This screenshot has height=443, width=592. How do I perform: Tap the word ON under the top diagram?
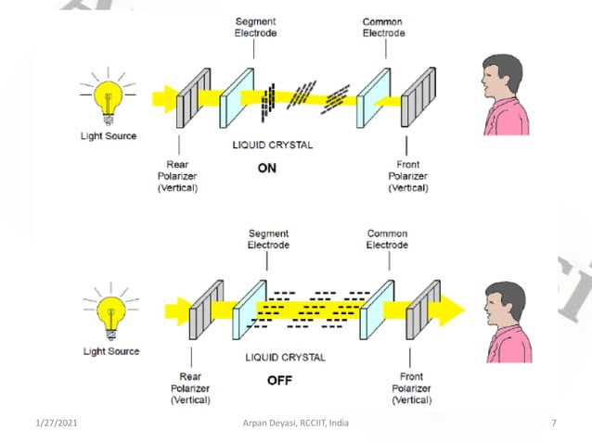tap(267, 169)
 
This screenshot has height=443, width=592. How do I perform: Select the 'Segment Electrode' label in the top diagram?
tap(254, 27)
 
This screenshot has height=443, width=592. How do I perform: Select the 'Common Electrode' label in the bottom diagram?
tap(387, 239)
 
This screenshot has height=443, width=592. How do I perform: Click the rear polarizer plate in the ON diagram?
tap(192, 95)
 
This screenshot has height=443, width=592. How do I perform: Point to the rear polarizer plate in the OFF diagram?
tap(199, 310)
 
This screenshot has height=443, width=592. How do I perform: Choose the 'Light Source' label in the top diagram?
tap(109, 136)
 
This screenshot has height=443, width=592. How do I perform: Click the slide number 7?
tap(553, 424)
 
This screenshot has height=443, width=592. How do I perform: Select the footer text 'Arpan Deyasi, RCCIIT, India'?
tap(297, 424)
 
